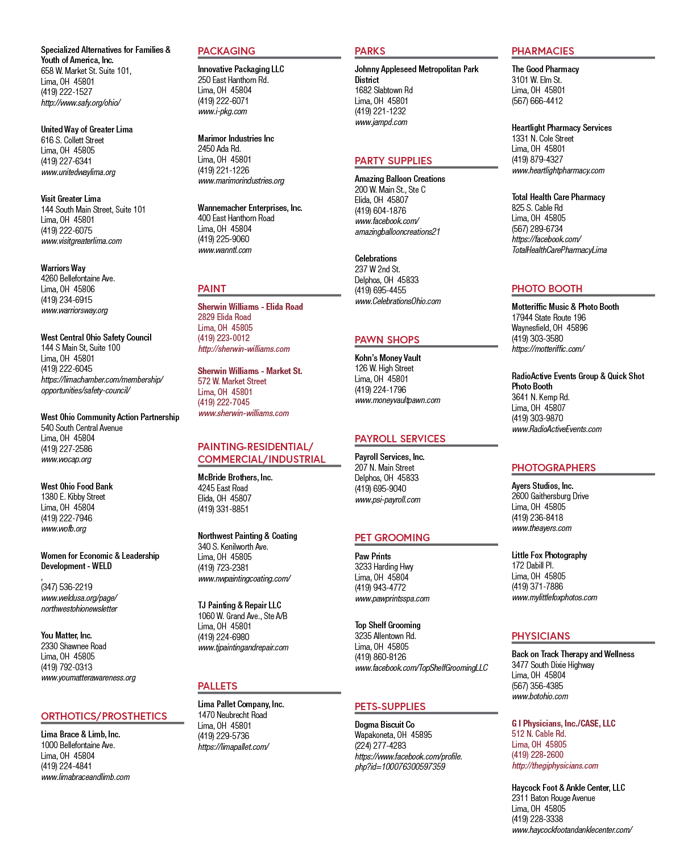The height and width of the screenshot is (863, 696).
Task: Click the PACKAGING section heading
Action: [226, 51]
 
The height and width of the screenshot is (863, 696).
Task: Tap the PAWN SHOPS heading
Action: [387, 339]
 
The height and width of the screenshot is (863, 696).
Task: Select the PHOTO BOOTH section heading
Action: [547, 289]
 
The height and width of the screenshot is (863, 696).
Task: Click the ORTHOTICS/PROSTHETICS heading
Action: [104, 716]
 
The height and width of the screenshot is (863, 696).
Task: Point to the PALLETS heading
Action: [217, 686]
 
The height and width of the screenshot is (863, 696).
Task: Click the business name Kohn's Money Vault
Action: [387, 358]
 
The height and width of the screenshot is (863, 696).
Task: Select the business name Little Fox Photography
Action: [549, 555]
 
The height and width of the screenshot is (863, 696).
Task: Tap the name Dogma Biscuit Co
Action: [384, 725]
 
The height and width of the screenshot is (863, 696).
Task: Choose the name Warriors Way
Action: [63, 268]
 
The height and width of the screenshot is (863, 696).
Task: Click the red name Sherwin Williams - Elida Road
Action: [250, 307]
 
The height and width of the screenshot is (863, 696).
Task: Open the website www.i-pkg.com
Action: [222, 111]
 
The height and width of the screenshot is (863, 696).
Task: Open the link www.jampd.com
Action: [380, 122]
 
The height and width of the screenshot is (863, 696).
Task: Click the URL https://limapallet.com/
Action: [233, 746]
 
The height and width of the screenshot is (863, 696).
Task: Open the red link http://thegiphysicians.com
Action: [555, 766]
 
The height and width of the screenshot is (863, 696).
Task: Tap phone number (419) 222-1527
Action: [67, 92]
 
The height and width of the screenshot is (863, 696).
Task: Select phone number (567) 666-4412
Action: [537, 101]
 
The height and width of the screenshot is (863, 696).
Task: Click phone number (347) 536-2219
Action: [67, 587]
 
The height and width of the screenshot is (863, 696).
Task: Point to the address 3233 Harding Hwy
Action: [384, 567]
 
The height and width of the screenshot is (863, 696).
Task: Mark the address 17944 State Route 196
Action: [549, 318]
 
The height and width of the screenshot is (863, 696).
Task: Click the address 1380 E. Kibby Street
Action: [73, 497]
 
